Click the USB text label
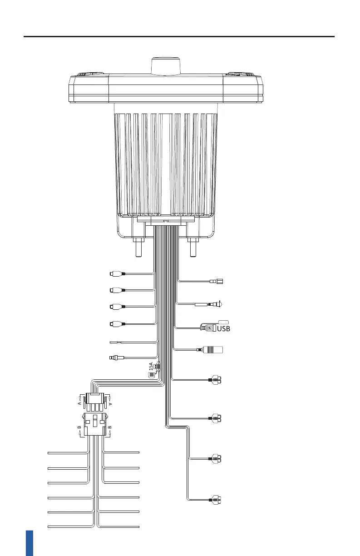[223, 328]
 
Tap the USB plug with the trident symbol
[208, 328]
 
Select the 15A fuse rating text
[151, 367]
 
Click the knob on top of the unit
[166, 66]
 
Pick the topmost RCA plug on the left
[118, 274]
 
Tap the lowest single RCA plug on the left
[118, 324]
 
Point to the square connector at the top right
[217, 281]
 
